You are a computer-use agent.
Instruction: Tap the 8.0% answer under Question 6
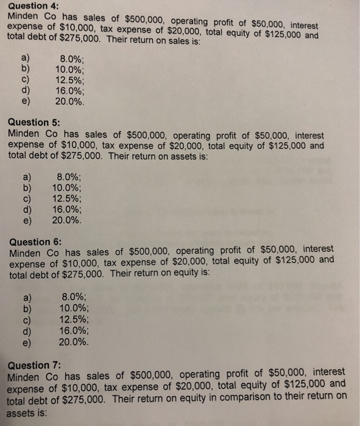[x=74, y=297]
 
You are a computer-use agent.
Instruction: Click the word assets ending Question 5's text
[x=191, y=156]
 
